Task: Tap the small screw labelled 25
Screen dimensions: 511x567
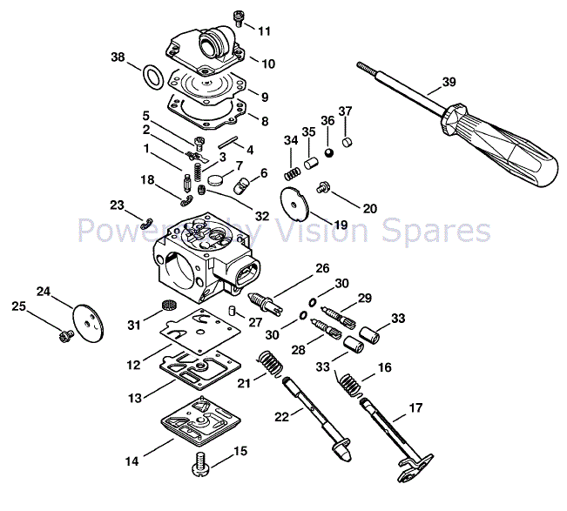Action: pos(63,333)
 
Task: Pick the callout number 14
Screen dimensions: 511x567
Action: pos(131,461)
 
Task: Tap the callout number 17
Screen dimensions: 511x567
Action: pos(416,407)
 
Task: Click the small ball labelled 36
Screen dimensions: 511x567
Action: pos(329,151)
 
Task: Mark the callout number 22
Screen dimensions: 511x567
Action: pos(280,417)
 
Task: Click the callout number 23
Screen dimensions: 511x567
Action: pos(116,205)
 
